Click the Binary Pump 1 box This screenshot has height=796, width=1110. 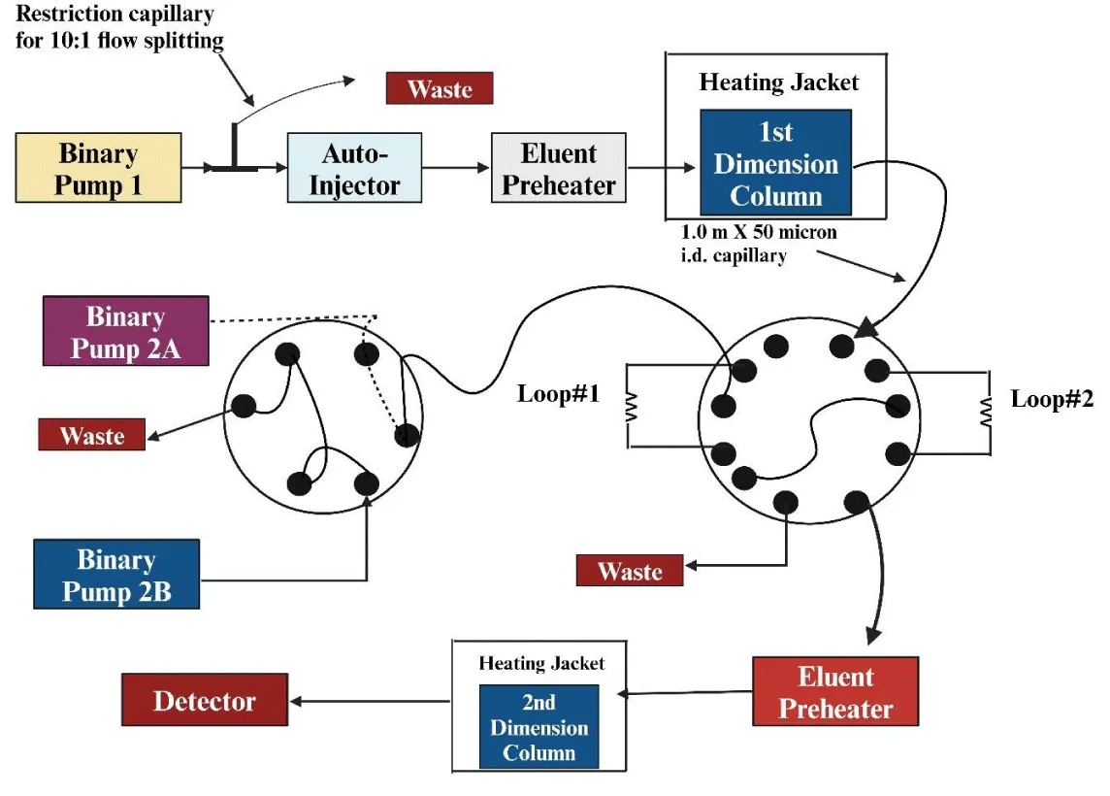coord(98,169)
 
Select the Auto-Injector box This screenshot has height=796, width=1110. coord(354,168)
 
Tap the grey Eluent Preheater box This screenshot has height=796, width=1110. coord(559,168)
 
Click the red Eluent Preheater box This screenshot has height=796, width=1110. coord(835,691)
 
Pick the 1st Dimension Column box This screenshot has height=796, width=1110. coord(775,162)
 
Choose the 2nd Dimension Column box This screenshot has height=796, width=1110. coord(539,727)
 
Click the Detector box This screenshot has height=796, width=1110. coord(205,699)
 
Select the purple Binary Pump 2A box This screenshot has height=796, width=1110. coord(125,331)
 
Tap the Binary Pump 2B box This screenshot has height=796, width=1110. coord(116,575)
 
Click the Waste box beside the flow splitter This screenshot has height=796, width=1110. coord(440,88)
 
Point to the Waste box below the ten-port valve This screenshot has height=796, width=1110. coord(630,570)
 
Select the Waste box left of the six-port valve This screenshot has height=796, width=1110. coord(92,434)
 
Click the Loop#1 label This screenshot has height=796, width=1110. coord(558,394)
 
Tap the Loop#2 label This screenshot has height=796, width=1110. coord(1052,398)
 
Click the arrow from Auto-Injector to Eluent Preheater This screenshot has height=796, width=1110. coord(456,168)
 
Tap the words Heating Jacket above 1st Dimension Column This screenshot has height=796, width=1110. coord(779,82)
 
